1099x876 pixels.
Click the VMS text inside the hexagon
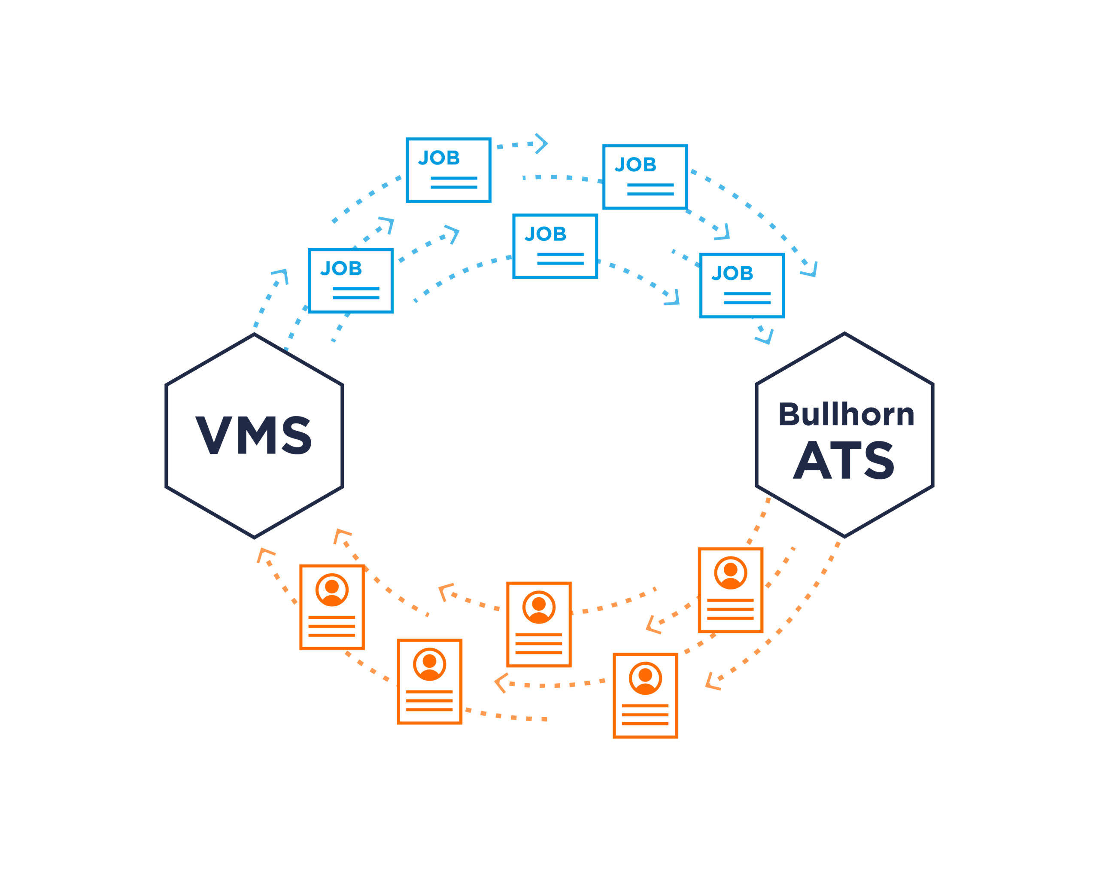253,435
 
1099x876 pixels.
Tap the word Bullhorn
846,414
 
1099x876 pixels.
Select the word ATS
844,460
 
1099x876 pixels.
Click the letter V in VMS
214,435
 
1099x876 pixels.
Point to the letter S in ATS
879,460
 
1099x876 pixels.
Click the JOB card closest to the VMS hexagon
351,280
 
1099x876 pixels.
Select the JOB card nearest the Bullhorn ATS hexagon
742,286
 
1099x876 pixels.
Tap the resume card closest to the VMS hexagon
332,607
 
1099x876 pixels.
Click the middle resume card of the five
539,624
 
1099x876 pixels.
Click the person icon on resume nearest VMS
332,590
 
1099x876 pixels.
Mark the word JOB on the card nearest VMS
341,268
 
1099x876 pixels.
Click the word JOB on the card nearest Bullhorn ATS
732,273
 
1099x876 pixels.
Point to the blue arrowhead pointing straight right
542,144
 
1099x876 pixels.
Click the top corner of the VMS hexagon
255,334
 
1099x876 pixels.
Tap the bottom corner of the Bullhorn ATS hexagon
844,536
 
